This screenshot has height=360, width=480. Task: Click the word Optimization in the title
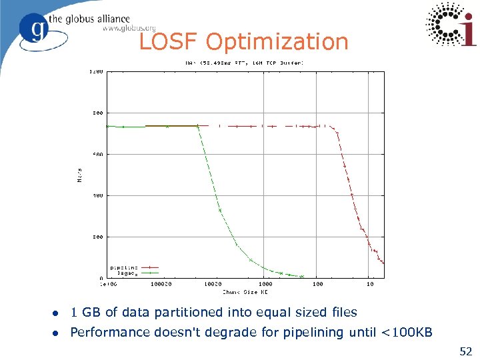click(277, 43)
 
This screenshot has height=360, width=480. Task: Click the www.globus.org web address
click(129, 29)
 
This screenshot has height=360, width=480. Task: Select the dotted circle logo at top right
click(452, 25)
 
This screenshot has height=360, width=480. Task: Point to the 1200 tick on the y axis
click(97, 71)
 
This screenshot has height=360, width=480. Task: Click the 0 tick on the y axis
click(101, 278)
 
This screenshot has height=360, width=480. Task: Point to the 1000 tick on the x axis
click(265, 285)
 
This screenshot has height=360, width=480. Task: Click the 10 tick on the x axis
click(370, 285)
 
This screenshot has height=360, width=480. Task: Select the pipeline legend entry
click(125, 267)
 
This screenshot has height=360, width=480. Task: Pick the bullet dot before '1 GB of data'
click(57, 313)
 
